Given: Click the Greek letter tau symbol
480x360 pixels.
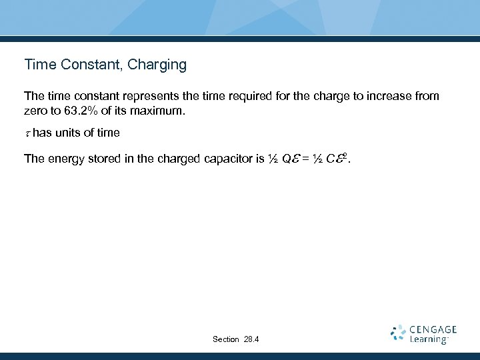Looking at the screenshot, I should (x=27, y=133).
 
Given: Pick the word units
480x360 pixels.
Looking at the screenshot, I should (x=68, y=133).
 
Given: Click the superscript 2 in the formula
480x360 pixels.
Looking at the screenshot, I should (x=345, y=155).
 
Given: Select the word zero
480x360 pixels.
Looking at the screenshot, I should (x=36, y=111).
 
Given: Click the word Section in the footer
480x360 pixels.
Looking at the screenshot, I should (x=225, y=339).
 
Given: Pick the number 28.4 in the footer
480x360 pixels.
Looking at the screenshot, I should (x=251, y=339).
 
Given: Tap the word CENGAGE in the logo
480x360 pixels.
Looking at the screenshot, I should (x=433, y=329).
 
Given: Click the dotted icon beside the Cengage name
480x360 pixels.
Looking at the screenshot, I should (x=398, y=333).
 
